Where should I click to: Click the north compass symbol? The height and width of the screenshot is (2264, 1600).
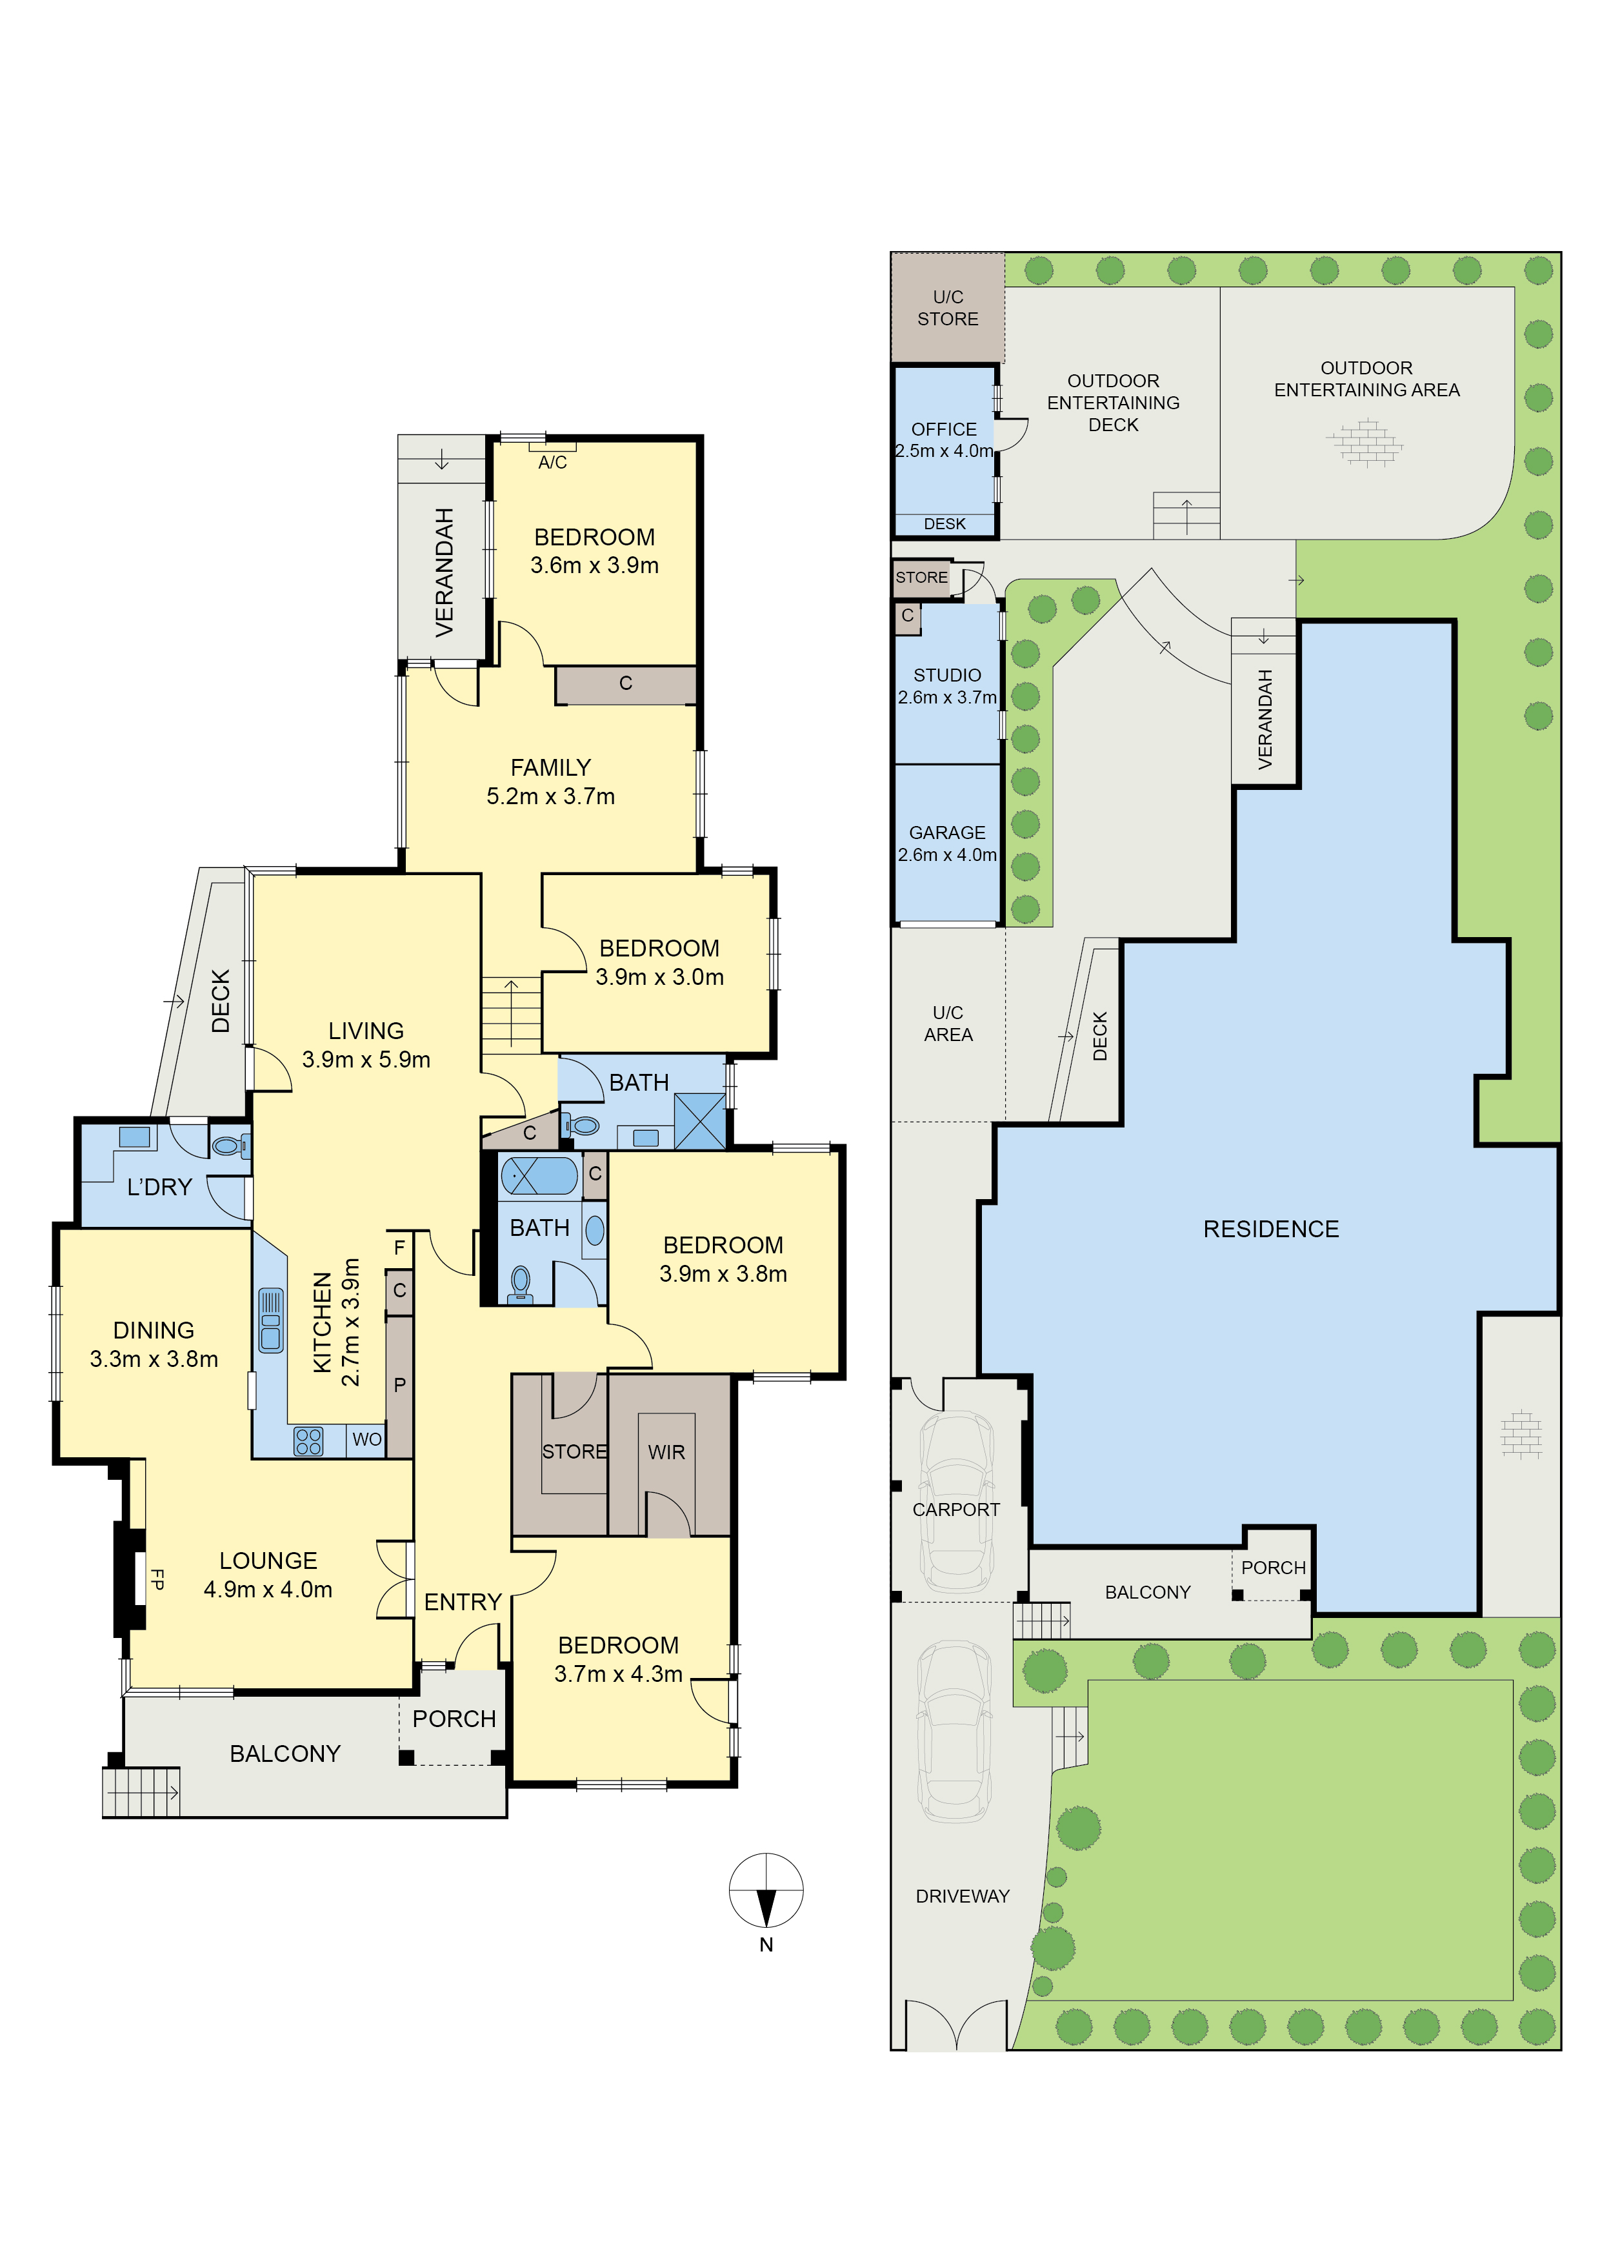point(766,1890)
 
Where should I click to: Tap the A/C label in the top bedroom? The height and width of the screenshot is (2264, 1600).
point(552,463)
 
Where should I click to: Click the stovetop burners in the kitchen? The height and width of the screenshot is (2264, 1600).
point(308,1442)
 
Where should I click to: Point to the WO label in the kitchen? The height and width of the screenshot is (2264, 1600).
point(366,1440)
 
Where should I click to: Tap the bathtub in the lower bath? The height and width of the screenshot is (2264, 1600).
point(539,1177)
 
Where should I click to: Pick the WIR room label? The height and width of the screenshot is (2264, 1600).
point(666,1453)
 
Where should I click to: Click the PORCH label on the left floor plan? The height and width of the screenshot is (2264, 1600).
point(454,1719)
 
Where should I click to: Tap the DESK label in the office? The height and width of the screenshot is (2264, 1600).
point(945,523)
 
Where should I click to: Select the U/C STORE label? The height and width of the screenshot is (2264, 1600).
point(947,308)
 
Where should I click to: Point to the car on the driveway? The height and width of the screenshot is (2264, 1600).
point(954,1732)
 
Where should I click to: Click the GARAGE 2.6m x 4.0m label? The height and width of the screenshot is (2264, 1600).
point(946,843)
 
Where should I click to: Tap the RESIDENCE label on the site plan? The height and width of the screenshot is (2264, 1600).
point(1271,1229)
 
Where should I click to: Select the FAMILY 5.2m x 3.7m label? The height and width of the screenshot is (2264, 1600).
point(550,781)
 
